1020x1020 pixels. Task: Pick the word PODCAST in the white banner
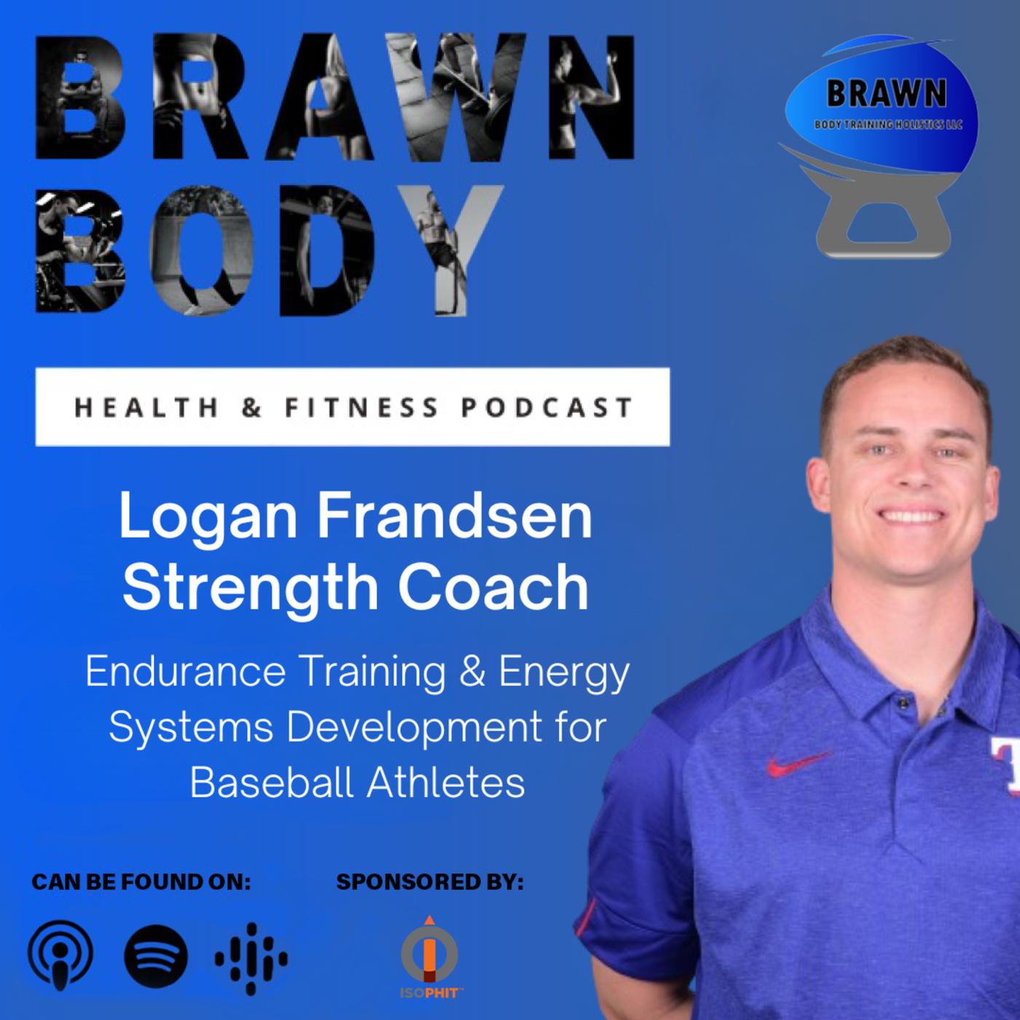tap(547, 407)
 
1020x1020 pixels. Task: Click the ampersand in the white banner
tap(252, 407)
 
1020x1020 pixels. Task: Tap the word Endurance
tap(185, 672)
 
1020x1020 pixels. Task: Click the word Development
tap(415, 729)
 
